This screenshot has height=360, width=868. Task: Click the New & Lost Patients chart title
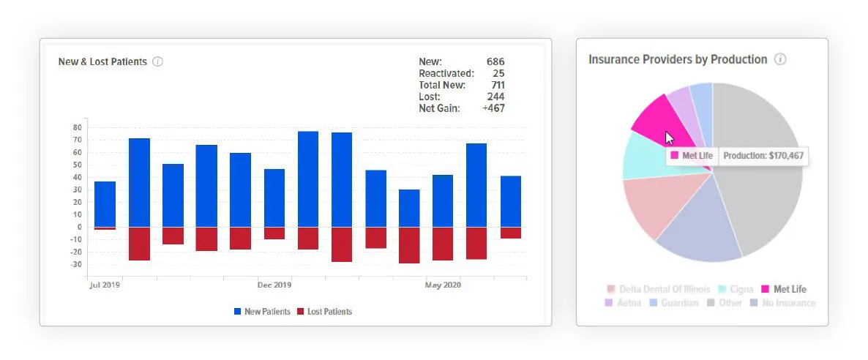tap(102, 62)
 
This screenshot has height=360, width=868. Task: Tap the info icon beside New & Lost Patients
tap(157, 62)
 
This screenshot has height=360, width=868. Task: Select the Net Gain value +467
tap(493, 108)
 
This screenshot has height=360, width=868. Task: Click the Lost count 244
tap(495, 97)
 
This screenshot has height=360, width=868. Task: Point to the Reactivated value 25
tap(498, 73)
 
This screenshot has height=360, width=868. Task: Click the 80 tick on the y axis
tap(77, 127)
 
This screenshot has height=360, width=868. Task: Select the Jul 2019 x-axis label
tap(104, 285)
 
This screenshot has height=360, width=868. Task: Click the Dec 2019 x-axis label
tap(274, 285)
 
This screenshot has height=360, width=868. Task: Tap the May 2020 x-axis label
tap(443, 285)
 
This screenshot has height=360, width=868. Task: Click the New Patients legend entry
tap(262, 312)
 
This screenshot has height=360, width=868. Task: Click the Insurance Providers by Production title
tap(678, 59)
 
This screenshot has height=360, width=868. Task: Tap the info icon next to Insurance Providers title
tap(780, 59)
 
